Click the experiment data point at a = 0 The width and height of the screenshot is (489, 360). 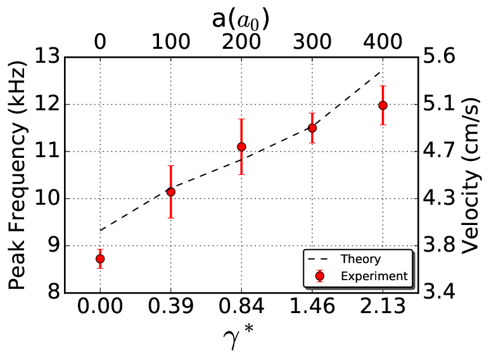100,259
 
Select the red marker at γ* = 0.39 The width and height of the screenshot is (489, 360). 170,192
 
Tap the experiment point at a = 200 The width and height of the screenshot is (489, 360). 241,146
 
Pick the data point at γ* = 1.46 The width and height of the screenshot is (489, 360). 312,128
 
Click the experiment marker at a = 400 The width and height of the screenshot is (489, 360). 383,105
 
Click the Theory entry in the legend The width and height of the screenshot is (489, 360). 360,259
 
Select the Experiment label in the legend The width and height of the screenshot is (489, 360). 374,276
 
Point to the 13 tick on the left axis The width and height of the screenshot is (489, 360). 47,57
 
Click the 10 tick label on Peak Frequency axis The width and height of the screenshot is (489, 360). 47,198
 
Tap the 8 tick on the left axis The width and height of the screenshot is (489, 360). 53,293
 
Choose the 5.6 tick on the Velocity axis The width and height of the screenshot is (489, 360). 439,57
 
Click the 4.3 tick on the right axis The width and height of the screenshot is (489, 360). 439,198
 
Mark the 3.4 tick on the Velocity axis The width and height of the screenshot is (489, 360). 439,293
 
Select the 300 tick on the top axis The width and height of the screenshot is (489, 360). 312,42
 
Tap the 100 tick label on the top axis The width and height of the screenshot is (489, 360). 170,42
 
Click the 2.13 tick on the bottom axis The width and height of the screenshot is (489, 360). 383,306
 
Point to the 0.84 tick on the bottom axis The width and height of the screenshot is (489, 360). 241,306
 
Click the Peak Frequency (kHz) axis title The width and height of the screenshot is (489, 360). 16,175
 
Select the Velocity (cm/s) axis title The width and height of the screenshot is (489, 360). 470,176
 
